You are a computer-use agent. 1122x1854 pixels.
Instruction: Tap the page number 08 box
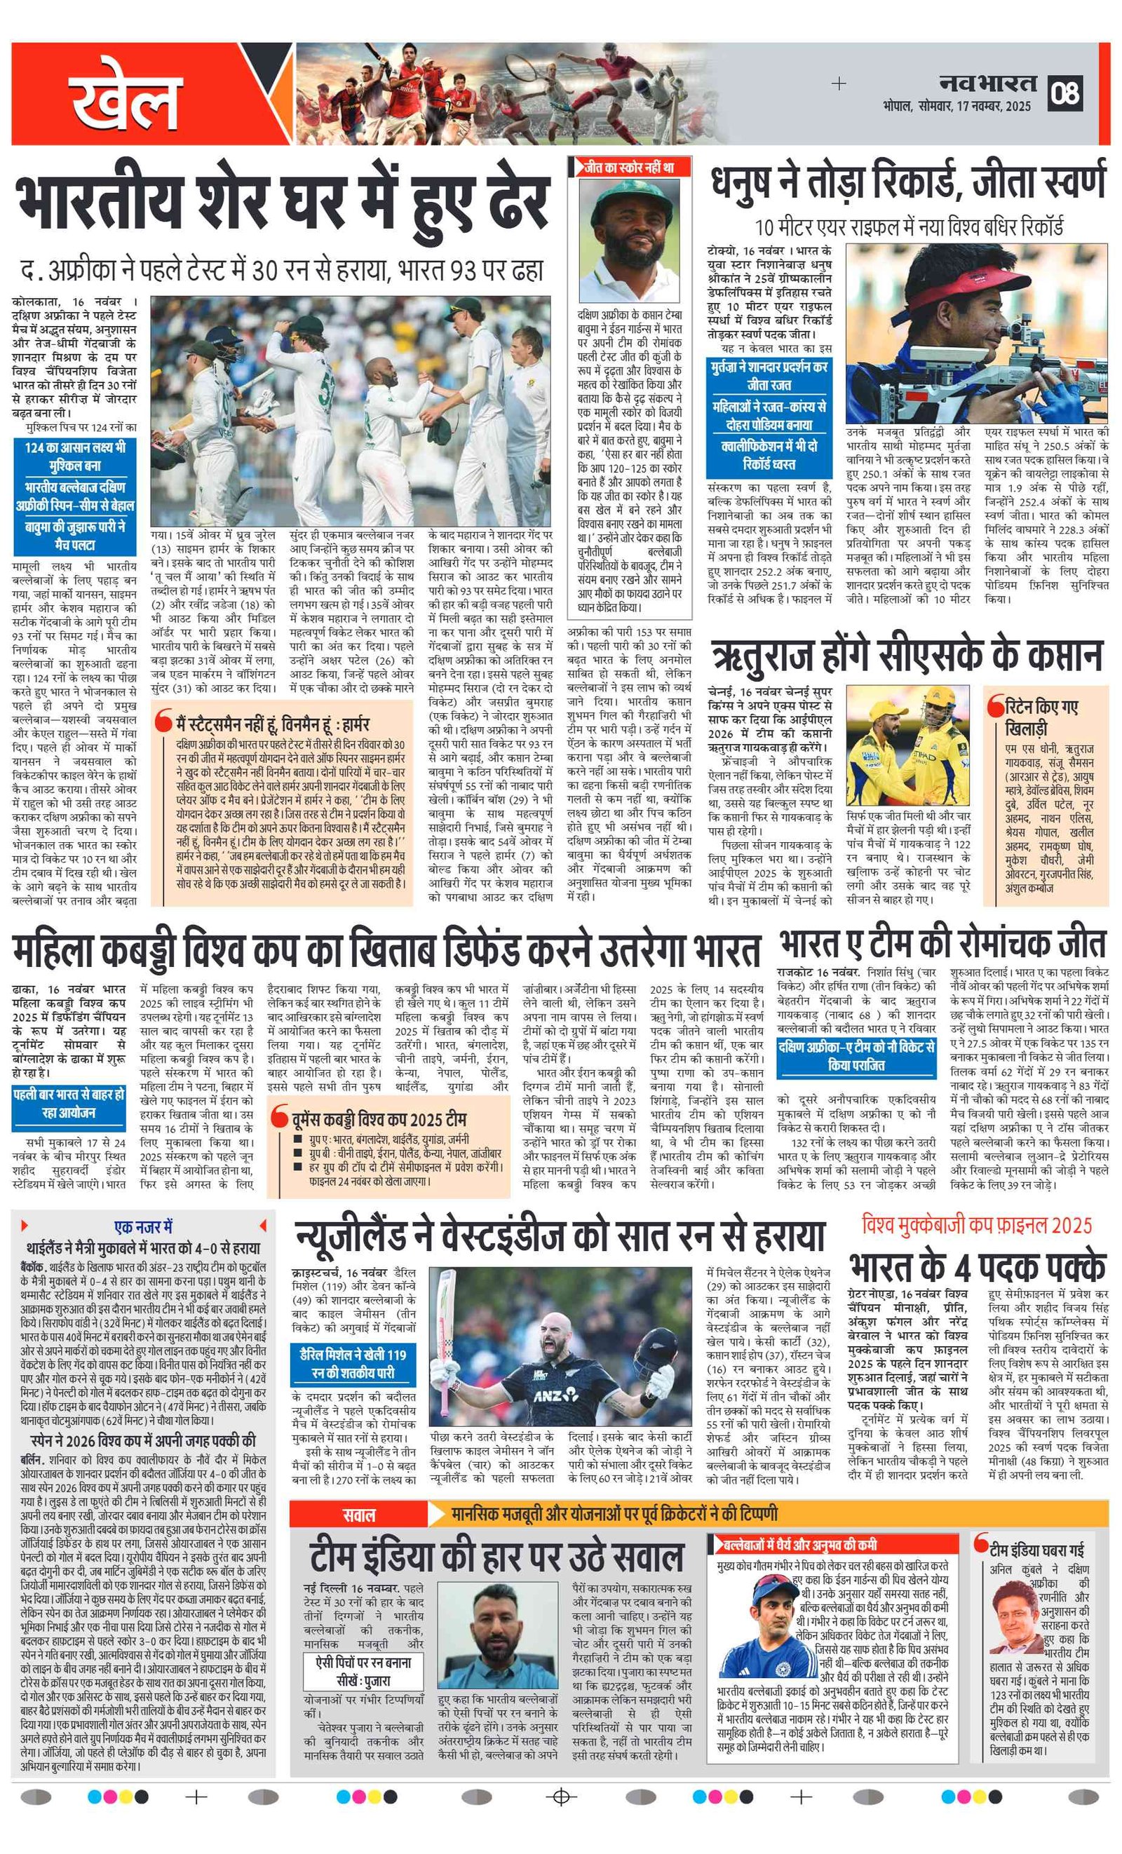click(1066, 93)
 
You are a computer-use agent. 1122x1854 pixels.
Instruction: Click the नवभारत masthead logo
click(988, 83)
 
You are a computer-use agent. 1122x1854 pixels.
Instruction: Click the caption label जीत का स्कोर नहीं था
click(628, 167)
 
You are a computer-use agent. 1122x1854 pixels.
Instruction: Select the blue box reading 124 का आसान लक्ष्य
click(74, 455)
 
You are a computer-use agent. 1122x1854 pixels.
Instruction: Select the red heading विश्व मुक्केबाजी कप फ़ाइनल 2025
click(977, 1225)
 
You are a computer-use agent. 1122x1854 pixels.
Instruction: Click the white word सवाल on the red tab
click(359, 1515)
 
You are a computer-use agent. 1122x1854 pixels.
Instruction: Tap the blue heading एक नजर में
click(143, 1226)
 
